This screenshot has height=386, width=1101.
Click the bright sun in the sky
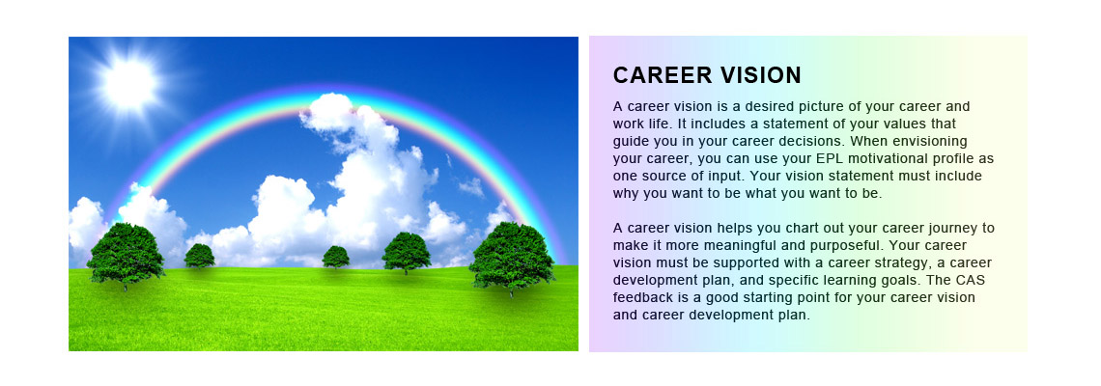127,83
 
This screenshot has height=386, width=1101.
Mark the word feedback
644,297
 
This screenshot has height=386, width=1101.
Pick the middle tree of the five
336,257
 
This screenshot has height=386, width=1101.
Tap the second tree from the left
199,256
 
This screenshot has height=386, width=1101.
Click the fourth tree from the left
406,253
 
